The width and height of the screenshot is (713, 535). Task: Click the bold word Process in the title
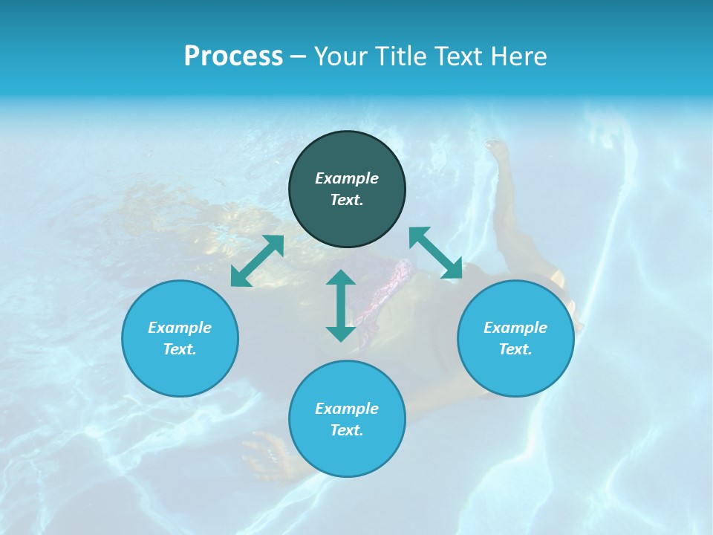(233, 56)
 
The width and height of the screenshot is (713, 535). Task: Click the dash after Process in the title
(298, 57)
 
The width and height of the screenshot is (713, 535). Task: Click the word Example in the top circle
(347, 178)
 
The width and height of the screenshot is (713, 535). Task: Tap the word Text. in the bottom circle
(347, 430)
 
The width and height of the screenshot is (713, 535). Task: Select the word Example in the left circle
(180, 328)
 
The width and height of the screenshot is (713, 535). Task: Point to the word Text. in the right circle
(515, 349)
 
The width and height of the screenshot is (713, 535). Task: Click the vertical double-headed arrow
(341, 305)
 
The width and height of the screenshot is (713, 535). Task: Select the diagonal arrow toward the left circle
(257, 261)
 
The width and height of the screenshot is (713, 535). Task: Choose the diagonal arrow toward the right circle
(436, 253)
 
